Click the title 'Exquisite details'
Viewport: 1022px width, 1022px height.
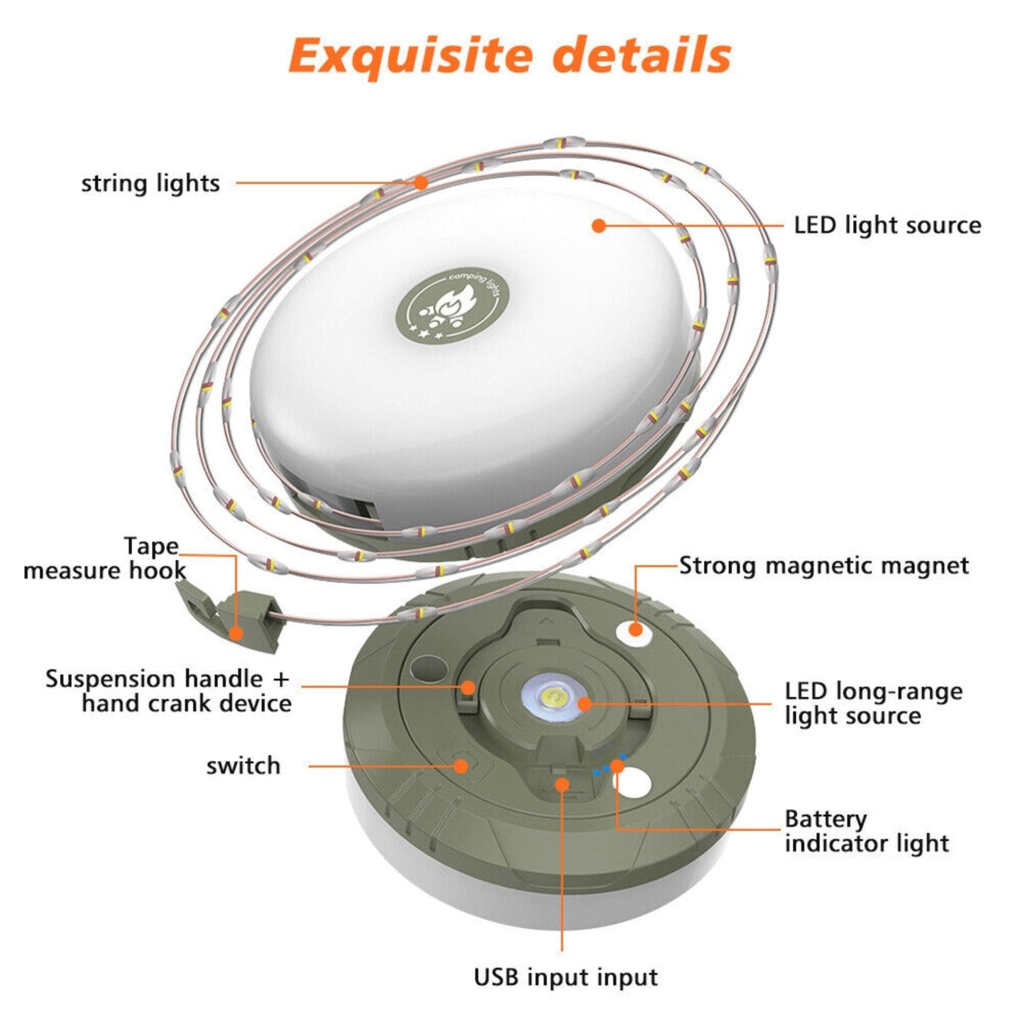click(510, 55)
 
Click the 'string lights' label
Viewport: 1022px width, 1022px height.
click(150, 183)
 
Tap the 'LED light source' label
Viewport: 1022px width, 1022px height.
click(887, 226)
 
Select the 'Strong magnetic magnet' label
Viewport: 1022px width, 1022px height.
click(823, 566)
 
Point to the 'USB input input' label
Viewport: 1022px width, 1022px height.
click(566, 977)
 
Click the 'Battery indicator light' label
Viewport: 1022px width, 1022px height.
click(866, 831)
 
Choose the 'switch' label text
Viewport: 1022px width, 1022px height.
click(243, 766)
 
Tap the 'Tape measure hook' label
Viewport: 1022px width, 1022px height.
click(105, 559)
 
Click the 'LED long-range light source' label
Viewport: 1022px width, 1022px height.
click(873, 703)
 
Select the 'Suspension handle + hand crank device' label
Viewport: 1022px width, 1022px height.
click(169, 691)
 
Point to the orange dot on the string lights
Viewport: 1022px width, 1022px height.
click(421, 182)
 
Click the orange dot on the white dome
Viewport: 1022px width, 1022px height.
click(599, 226)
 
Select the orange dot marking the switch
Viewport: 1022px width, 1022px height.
click(461, 766)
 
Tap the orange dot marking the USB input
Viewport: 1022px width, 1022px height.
click(561, 784)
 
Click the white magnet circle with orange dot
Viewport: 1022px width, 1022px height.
click(634, 630)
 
